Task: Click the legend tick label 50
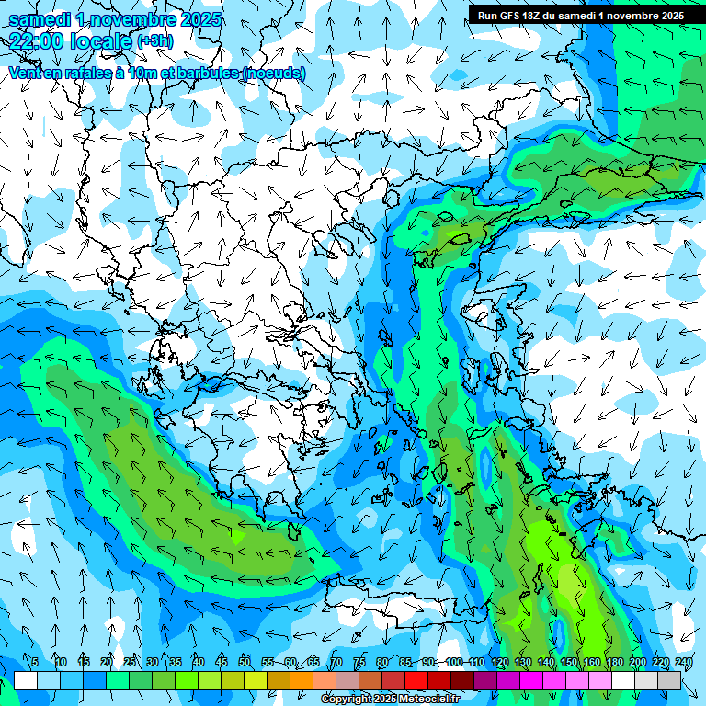(x=245, y=662)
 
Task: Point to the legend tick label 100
(x=454, y=662)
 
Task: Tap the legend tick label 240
(x=684, y=662)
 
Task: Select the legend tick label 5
(x=35, y=662)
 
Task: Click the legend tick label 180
(x=615, y=662)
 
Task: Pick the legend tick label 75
(x=359, y=662)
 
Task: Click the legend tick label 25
(x=130, y=662)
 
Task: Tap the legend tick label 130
(x=523, y=662)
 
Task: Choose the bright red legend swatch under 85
(x=416, y=680)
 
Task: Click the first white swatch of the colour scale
(x=26, y=680)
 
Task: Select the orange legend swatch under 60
(x=302, y=680)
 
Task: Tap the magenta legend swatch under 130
(x=531, y=680)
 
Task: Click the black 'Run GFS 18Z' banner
(x=580, y=15)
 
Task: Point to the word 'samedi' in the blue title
(x=40, y=19)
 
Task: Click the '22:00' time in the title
(x=38, y=40)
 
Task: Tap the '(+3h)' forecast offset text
(x=154, y=41)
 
